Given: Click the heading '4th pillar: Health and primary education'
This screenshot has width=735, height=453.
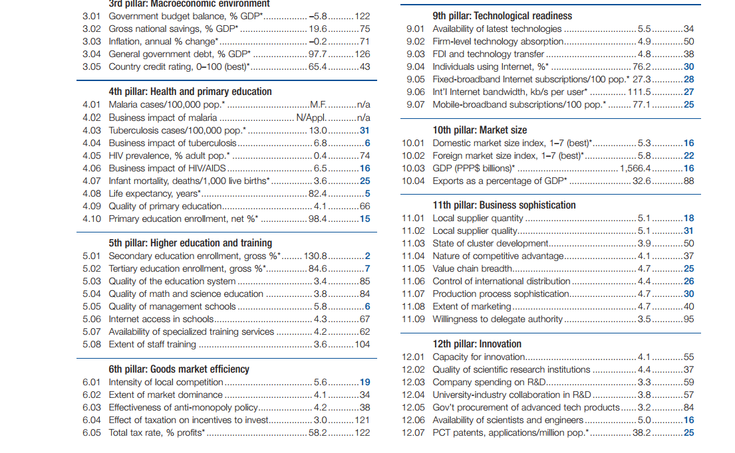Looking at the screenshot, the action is (x=190, y=91).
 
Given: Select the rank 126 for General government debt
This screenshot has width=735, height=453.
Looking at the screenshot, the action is (x=363, y=54).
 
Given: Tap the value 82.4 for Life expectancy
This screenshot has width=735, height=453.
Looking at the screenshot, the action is (x=318, y=193).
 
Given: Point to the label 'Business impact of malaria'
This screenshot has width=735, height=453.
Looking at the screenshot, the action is (x=163, y=118).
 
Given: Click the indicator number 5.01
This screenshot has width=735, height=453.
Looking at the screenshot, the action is (x=91, y=256).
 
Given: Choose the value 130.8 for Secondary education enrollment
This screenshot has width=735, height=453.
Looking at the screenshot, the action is (x=315, y=256).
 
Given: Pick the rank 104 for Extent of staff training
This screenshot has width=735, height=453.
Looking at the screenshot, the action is (x=363, y=345).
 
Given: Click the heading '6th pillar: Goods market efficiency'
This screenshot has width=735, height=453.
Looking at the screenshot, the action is (x=178, y=369).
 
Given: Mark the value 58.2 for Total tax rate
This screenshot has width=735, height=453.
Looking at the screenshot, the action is (x=318, y=433).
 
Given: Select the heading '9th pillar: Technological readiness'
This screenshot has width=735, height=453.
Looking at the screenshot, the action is (x=502, y=16).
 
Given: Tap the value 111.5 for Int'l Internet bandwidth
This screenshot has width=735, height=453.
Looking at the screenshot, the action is (x=639, y=92).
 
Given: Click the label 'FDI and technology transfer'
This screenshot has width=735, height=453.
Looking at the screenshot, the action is (x=488, y=54).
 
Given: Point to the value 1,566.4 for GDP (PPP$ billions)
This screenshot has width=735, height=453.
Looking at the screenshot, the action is (x=636, y=168).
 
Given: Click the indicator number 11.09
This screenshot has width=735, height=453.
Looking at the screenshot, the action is (x=413, y=319).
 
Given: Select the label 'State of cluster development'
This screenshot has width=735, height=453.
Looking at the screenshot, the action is (x=490, y=243).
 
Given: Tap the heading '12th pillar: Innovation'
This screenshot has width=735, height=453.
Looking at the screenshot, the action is (x=477, y=344).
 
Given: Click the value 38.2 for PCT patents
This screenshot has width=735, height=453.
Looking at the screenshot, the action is (x=642, y=433).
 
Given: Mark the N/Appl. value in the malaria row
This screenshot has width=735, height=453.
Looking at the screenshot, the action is (x=311, y=118).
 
